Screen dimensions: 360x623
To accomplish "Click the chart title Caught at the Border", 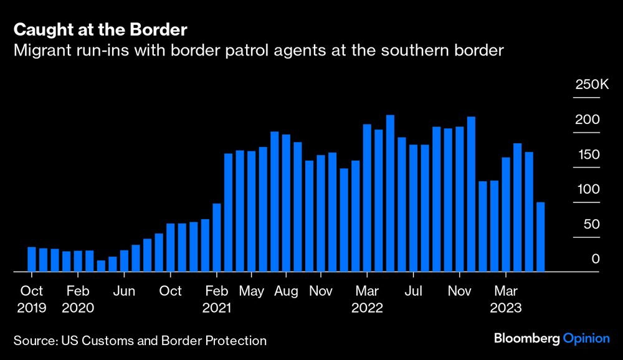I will [101, 29].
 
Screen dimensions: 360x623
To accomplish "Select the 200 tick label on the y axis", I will [587, 119].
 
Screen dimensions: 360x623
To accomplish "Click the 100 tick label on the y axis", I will [587, 189].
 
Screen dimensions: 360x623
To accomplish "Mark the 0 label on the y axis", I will [596, 259].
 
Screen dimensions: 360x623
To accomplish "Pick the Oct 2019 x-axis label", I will [31, 299].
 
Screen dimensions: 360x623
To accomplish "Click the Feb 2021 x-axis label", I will [216, 299].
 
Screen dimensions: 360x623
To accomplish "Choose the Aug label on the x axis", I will [286, 291].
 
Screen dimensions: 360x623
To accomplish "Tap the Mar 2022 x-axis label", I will [367, 299].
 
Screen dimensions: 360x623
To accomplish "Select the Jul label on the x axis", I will [414, 291].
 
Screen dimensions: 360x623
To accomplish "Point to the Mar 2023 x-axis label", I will [506, 299].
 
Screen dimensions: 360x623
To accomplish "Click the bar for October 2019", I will [32, 259].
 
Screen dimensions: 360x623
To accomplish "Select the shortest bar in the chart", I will [101, 266].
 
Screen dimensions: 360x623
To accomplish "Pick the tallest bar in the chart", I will [390, 193].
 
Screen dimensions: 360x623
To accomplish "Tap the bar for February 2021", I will [217, 237].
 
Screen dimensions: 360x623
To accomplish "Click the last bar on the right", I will [541, 237].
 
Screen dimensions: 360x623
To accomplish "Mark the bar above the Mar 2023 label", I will [506, 214].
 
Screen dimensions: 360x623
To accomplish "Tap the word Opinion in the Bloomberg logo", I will [586, 339].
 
